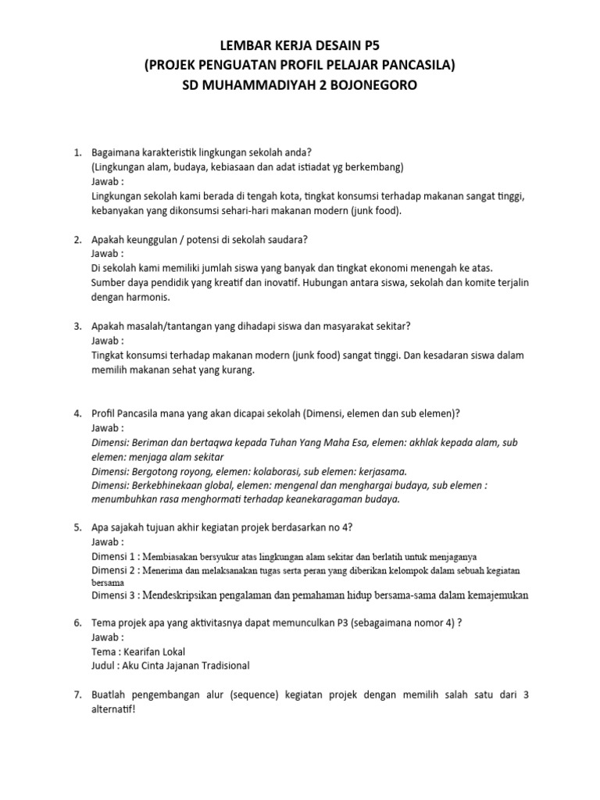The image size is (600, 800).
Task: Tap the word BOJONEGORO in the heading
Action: pyautogui.click(x=373, y=85)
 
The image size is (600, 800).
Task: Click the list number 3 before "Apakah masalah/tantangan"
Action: pyautogui.click(x=77, y=326)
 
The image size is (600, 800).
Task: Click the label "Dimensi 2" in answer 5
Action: pyautogui.click(x=115, y=570)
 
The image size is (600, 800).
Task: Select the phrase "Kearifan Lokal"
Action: pyautogui.click(x=155, y=651)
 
